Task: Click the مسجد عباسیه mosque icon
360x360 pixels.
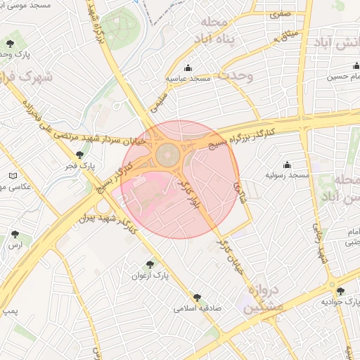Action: (188, 68)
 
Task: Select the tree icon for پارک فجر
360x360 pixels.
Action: (80, 155)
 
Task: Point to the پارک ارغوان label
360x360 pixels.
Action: (148, 275)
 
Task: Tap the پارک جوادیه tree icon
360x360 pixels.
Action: (341, 291)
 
